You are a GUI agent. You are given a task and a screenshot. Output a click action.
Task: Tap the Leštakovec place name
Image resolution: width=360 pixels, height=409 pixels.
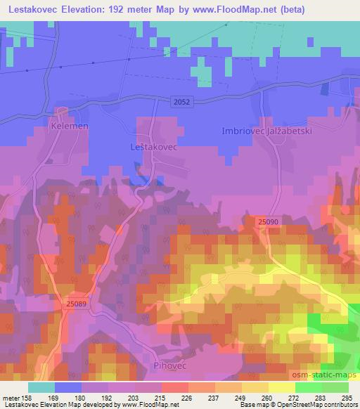[x=154, y=149]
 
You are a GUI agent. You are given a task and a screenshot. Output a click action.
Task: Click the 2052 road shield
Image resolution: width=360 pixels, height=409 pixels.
[x=181, y=103]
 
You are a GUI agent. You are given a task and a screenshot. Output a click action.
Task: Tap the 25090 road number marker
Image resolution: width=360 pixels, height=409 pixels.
[x=269, y=222]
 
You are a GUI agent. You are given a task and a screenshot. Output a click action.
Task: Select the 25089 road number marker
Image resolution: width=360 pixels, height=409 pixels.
[x=77, y=304]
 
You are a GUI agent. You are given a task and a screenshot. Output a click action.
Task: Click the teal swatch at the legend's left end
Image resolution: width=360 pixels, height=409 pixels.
[x=41, y=387]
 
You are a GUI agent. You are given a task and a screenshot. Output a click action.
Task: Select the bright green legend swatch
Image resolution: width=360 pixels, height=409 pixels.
[x=309, y=387]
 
